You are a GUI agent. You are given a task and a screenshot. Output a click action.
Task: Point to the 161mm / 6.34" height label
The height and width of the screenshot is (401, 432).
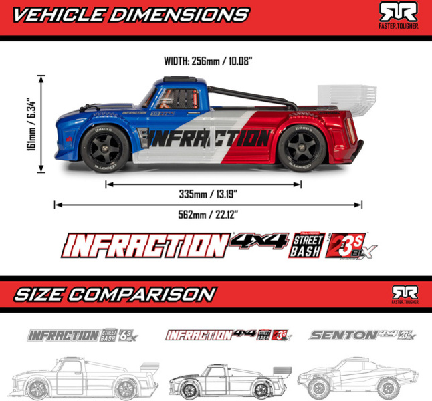coord(31,125)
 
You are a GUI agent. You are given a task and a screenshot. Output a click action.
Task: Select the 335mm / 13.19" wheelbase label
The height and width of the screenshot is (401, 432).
coord(209,195)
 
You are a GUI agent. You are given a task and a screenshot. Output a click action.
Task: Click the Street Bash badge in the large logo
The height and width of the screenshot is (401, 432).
coord(307,245)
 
